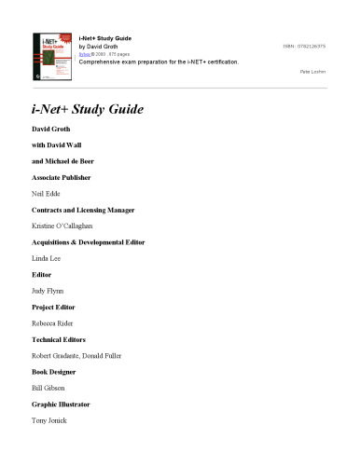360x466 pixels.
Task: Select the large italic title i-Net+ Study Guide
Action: coord(88,110)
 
